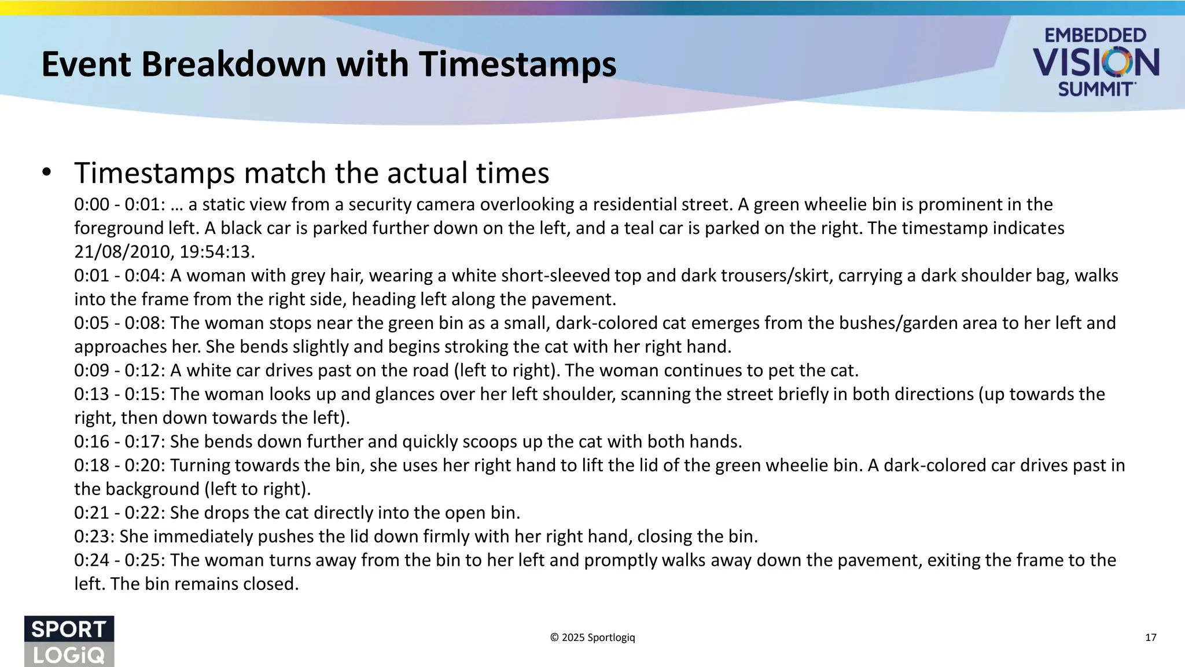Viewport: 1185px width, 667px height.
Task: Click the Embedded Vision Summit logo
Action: [1096, 62]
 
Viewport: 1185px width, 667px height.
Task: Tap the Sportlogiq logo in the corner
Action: [69, 640]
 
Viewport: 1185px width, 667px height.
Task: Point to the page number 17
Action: [1150, 637]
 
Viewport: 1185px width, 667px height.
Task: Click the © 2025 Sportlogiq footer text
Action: [592, 637]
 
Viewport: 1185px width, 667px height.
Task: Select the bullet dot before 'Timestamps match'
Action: [47, 173]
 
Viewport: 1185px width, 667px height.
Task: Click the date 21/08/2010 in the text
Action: [124, 252]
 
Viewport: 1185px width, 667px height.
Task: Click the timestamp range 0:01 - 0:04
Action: [119, 276]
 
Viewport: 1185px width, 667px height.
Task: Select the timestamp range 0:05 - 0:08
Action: [119, 323]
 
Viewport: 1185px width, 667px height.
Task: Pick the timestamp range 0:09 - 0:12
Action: [119, 371]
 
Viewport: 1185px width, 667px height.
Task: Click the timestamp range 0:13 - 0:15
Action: [119, 394]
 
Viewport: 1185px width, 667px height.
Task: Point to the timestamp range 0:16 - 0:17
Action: [119, 442]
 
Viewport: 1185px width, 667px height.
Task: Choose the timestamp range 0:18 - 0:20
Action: [119, 466]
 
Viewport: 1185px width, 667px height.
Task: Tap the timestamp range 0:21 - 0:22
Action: [119, 513]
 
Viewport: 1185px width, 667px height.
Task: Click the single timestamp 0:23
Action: [93, 537]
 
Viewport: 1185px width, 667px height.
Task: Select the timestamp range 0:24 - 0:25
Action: [119, 560]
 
